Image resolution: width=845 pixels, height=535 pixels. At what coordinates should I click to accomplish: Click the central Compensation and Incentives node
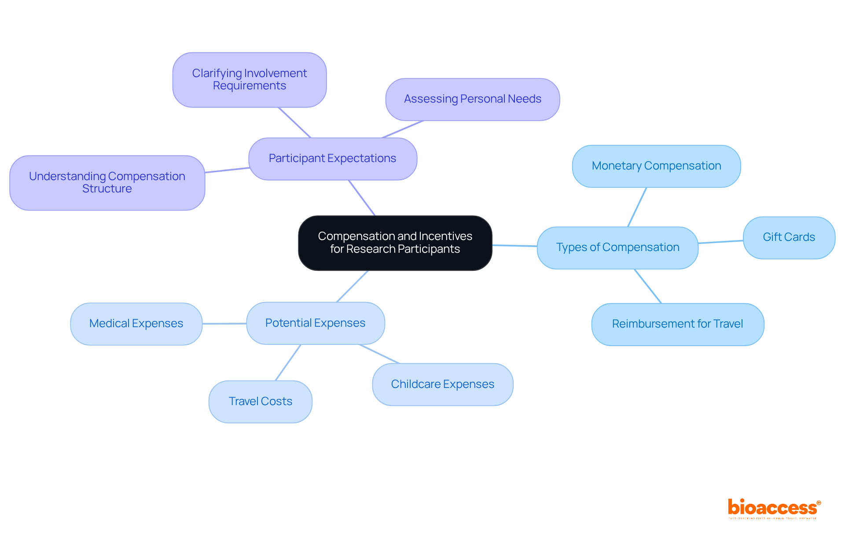(395, 243)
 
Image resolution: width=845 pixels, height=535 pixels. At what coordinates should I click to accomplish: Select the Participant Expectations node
(332, 159)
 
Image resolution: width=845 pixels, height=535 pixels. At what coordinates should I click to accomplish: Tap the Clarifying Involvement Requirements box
(249, 80)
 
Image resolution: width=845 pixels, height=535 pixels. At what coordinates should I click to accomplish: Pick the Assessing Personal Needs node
(472, 99)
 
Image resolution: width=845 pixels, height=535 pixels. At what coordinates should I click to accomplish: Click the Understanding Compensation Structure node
(107, 182)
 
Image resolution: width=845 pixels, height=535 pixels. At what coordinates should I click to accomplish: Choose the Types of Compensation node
(617, 247)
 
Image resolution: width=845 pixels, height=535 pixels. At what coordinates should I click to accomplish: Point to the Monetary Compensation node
(656, 166)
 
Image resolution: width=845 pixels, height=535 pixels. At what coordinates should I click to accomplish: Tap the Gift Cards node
(789, 237)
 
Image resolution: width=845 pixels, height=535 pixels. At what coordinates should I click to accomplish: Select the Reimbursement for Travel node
(677, 324)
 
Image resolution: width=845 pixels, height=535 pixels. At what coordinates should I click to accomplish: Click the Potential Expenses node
(315, 323)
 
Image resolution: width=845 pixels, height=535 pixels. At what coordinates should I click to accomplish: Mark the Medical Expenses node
(136, 324)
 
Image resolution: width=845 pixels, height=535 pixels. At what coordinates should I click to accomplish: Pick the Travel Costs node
(260, 402)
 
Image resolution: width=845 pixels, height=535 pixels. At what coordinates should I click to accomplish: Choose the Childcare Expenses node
(442, 384)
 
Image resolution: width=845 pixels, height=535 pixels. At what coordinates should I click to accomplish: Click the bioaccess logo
(773, 508)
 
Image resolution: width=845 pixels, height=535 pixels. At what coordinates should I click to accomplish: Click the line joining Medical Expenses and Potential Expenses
(224, 324)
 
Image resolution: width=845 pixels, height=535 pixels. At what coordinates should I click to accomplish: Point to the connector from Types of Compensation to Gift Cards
(720, 242)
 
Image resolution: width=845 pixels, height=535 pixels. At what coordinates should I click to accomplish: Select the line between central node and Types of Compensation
(514, 246)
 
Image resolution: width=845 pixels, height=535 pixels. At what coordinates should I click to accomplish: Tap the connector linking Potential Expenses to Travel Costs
(288, 362)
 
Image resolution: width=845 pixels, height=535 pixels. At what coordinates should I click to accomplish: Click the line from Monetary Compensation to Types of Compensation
(637, 207)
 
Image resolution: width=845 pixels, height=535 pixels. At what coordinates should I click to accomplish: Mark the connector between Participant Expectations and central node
(362, 198)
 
